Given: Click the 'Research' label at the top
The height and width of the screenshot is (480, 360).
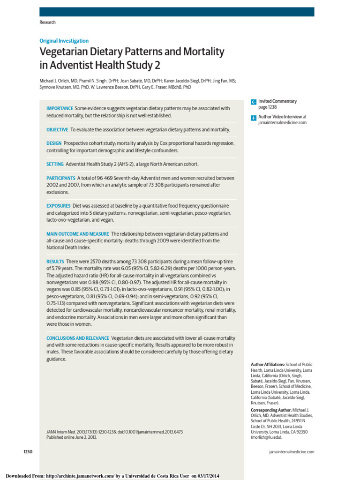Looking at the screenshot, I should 47,22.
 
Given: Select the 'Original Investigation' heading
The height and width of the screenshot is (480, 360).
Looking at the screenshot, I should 64,41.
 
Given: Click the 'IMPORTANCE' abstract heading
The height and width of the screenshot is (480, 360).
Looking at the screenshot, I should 60,108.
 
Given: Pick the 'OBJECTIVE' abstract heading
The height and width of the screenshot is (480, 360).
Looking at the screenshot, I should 57,129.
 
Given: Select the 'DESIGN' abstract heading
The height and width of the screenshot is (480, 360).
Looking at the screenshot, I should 54,143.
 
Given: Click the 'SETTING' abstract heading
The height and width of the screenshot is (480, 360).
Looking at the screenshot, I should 55,164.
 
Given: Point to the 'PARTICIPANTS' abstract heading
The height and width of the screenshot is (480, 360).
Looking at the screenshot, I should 60,178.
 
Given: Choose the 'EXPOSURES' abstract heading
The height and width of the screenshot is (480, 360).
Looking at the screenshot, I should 59,206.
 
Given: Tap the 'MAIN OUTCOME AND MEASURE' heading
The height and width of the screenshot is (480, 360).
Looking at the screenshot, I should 77,233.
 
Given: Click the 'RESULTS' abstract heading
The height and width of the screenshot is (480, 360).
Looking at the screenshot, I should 55,261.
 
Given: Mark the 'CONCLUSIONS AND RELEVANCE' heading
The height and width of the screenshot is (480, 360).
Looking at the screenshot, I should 77,338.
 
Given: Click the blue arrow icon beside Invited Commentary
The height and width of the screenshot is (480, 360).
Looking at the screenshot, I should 254,102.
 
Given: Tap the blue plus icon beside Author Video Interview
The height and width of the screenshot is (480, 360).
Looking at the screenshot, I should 254,117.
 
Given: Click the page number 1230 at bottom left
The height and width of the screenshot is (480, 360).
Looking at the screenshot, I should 28,451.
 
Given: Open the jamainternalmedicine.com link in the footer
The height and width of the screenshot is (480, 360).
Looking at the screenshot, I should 292,452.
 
